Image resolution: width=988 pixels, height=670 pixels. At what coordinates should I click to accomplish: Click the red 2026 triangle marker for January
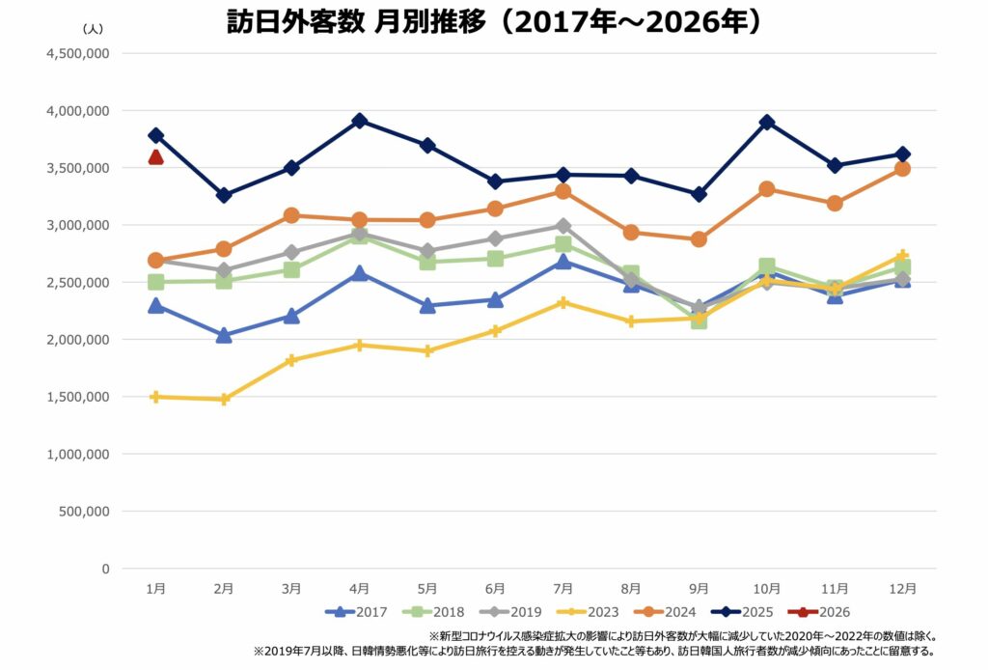[x=156, y=157]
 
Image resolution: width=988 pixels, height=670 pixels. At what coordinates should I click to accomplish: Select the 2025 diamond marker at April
[x=360, y=121]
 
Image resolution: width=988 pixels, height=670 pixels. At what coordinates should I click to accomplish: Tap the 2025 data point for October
[x=767, y=123]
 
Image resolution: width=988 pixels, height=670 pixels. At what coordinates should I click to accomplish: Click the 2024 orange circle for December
[x=903, y=168]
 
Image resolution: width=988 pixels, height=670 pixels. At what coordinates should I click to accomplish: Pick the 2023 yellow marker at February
[x=224, y=399]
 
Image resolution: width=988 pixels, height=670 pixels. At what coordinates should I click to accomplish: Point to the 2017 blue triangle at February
[x=224, y=335]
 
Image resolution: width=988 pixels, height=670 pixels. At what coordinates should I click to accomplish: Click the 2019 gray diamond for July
[x=563, y=226]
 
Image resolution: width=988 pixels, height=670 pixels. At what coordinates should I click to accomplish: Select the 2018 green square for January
[x=156, y=282]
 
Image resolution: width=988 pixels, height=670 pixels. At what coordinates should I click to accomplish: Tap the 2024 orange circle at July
[x=563, y=191]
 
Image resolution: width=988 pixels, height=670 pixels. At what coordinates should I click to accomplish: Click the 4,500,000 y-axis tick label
[x=78, y=54]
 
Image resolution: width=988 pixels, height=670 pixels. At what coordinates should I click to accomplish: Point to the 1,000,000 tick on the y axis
[x=78, y=454]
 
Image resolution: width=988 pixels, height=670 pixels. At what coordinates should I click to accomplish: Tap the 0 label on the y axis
[x=104, y=569]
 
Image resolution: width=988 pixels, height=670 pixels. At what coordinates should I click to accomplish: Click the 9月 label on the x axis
[x=700, y=588]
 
